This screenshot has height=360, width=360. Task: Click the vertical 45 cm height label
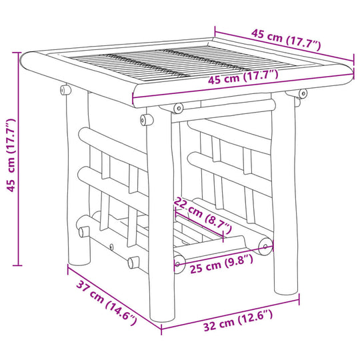point(10,155)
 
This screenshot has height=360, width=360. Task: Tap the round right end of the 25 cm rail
point(267,245)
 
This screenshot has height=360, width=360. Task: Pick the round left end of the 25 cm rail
point(178,262)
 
